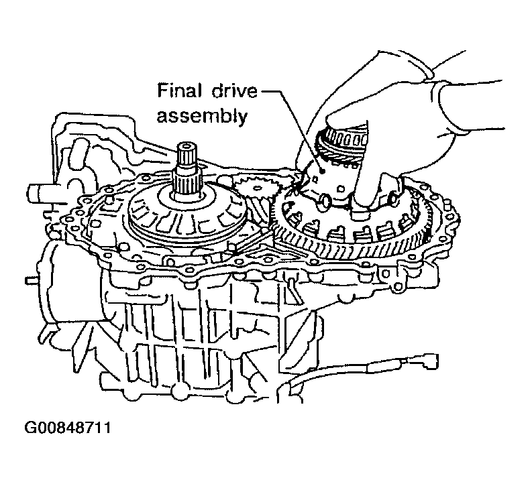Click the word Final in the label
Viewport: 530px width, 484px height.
click(x=179, y=91)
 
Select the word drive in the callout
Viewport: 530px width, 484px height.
click(x=235, y=91)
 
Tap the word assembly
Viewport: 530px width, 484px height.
click(x=202, y=117)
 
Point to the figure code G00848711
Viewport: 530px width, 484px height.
click(x=68, y=428)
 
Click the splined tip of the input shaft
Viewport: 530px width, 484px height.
click(x=187, y=155)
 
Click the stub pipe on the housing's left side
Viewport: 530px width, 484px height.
click(x=36, y=195)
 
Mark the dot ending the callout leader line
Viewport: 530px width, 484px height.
click(x=323, y=171)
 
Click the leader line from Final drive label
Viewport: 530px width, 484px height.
click(x=293, y=130)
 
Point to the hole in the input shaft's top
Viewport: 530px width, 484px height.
click(x=187, y=147)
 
